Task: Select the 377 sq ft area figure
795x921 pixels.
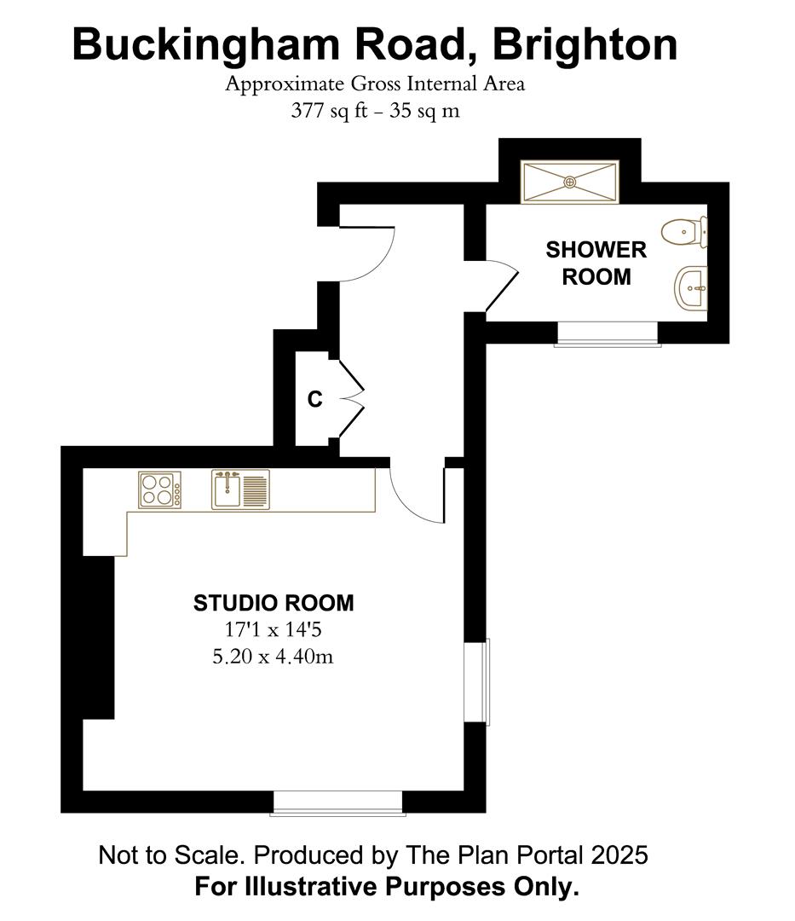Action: (329, 110)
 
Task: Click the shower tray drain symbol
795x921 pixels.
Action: (570, 182)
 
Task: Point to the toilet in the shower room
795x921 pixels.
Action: (684, 231)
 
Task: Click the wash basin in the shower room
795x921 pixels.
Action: (691, 288)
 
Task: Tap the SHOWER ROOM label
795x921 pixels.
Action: (596, 264)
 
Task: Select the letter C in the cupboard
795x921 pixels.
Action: (315, 399)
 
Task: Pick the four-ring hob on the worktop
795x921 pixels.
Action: (159, 489)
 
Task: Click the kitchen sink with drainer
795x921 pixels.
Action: (240, 489)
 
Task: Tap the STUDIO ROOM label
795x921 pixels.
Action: (274, 603)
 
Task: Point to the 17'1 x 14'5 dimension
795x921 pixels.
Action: (274, 630)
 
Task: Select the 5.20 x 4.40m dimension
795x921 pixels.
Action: (273, 656)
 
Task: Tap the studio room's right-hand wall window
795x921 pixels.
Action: (476, 681)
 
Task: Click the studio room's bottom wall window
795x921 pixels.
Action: (338, 803)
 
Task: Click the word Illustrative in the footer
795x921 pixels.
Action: (318, 886)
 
